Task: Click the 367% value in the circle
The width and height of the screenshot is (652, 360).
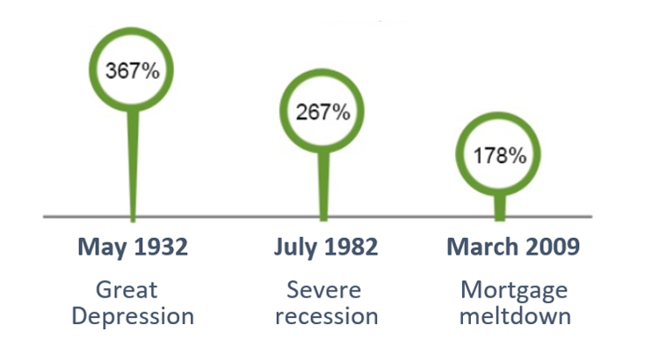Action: pyautogui.click(x=133, y=70)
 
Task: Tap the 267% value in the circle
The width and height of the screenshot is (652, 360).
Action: pyautogui.click(x=322, y=112)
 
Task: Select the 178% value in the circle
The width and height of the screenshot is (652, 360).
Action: pyautogui.click(x=499, y=156)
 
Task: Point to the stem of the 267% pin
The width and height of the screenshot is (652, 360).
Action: pyautogui.click(x=322, y=184)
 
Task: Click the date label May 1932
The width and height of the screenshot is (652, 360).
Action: pyautogui.click(x=133, y=247)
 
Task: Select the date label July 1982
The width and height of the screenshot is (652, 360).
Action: pyautogui.click(x=326, y=247)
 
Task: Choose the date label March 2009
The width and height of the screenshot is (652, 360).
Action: pyautogui.click(x=513, y=247)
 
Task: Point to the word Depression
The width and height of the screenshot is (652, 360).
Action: pyautogui.click(x=133, y=315)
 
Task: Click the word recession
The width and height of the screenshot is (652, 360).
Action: pyautogui.click(x=326, y=315)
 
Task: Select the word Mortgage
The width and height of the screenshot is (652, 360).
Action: pyautogui.click(x=514, y=289)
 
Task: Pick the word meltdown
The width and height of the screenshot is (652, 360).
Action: pyautogui.click(x=514, y=315)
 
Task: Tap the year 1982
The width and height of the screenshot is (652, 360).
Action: pyautogui.click(x=350, y=247)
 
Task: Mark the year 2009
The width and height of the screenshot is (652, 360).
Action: pyautogui.click(x=551, y=247)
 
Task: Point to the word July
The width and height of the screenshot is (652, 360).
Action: pyautogui.click(x=294, y=248)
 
